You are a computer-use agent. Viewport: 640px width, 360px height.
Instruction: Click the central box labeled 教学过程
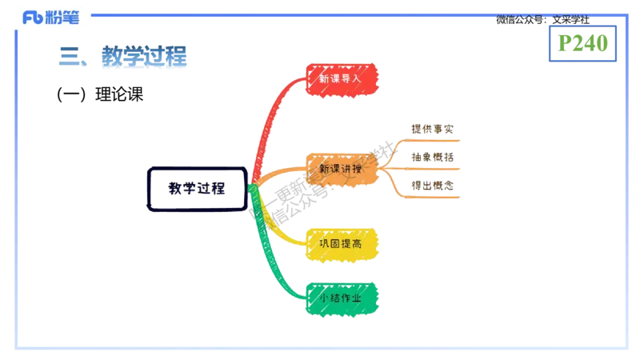[x=196, y=190]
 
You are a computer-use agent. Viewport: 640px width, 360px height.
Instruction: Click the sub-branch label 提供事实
[x=431, y=129]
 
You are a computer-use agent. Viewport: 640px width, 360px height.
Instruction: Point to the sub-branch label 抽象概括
[x=431, y=157]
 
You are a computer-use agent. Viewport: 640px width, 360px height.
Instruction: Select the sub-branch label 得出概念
[x=431, y=185]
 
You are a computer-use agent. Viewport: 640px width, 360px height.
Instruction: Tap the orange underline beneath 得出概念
[x=431, y=196]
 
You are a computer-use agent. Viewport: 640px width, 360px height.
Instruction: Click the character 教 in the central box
[x=175, y=190]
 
